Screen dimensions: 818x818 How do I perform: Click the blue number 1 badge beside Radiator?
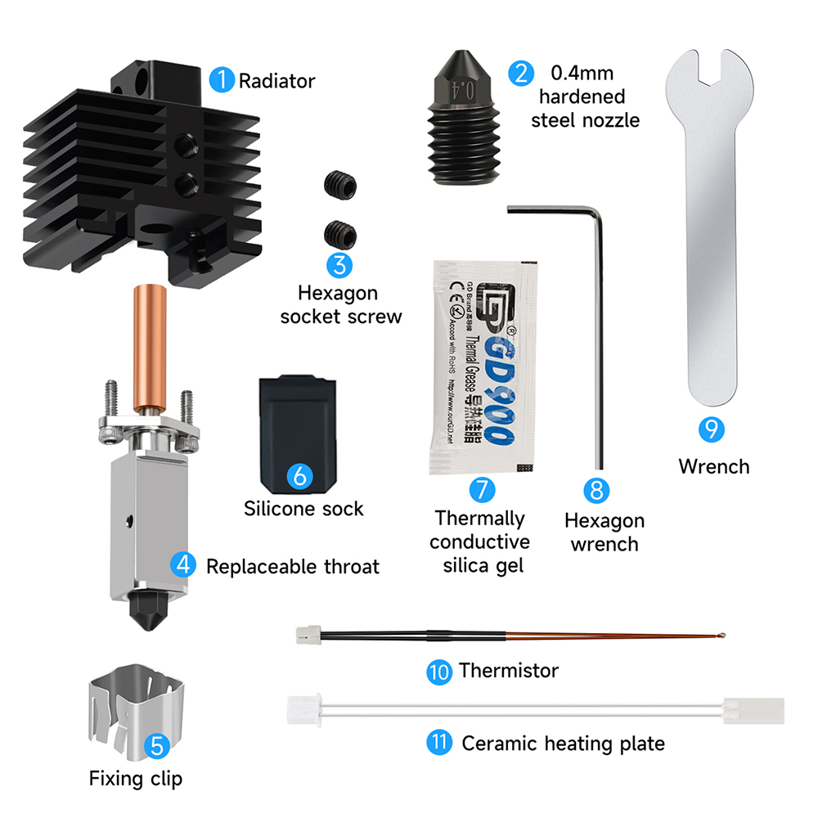[222, 80]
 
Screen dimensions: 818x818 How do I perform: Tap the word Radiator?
[276, 81]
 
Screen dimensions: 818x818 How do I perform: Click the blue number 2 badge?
[519, 74]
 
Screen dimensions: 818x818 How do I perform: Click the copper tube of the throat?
[150, 344]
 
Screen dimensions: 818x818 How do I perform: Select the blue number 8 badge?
[596, 490]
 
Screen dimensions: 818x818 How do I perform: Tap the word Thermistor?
[508, 671]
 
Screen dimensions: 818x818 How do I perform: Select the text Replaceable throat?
[292, 565]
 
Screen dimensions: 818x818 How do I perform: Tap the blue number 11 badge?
[439, 744]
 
